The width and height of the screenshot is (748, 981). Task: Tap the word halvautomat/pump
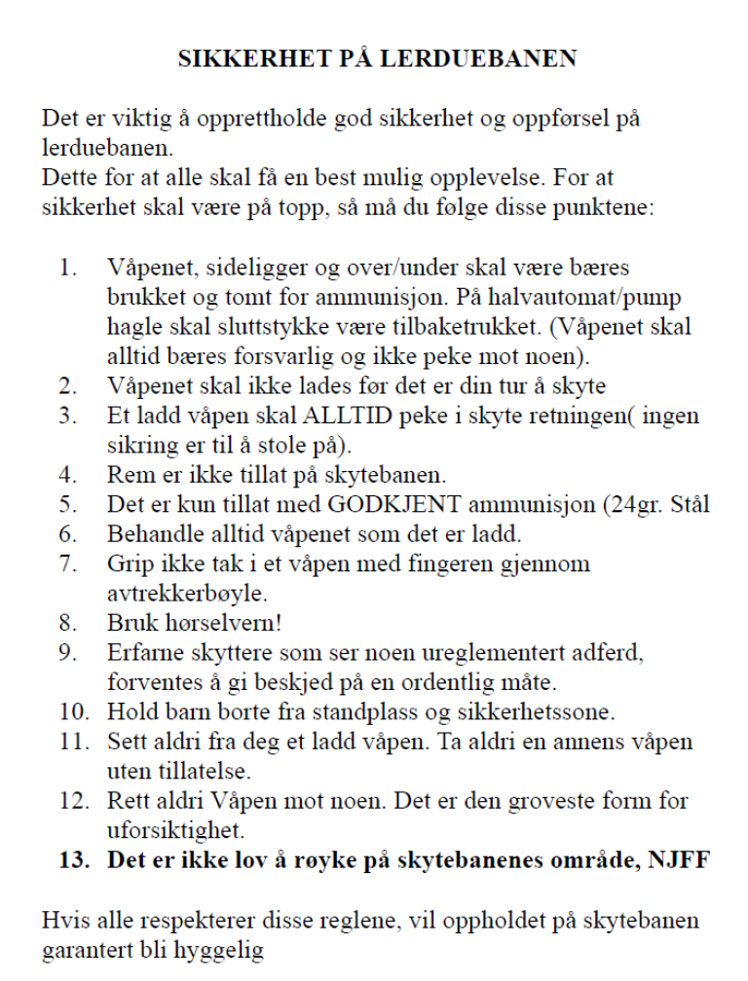click(x=590, y=296)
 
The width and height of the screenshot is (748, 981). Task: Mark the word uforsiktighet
click(x=171, y=830)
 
